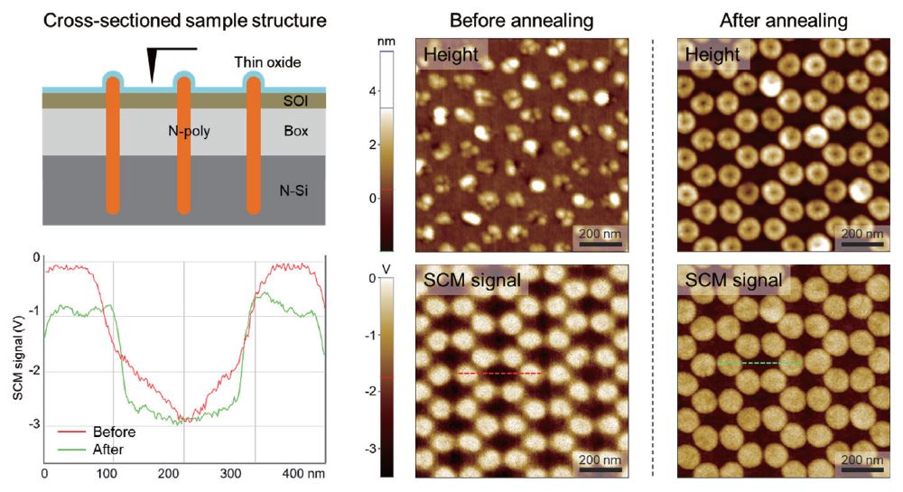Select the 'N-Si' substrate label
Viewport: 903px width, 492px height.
coord(294,190)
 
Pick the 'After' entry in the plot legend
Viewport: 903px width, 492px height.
coord(101,449)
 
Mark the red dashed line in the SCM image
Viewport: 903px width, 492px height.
coord(499,373)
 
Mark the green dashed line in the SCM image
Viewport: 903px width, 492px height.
coord(759,363)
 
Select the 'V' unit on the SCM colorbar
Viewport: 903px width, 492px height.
coord(387,269)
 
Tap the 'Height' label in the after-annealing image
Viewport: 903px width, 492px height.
coord(712,56)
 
